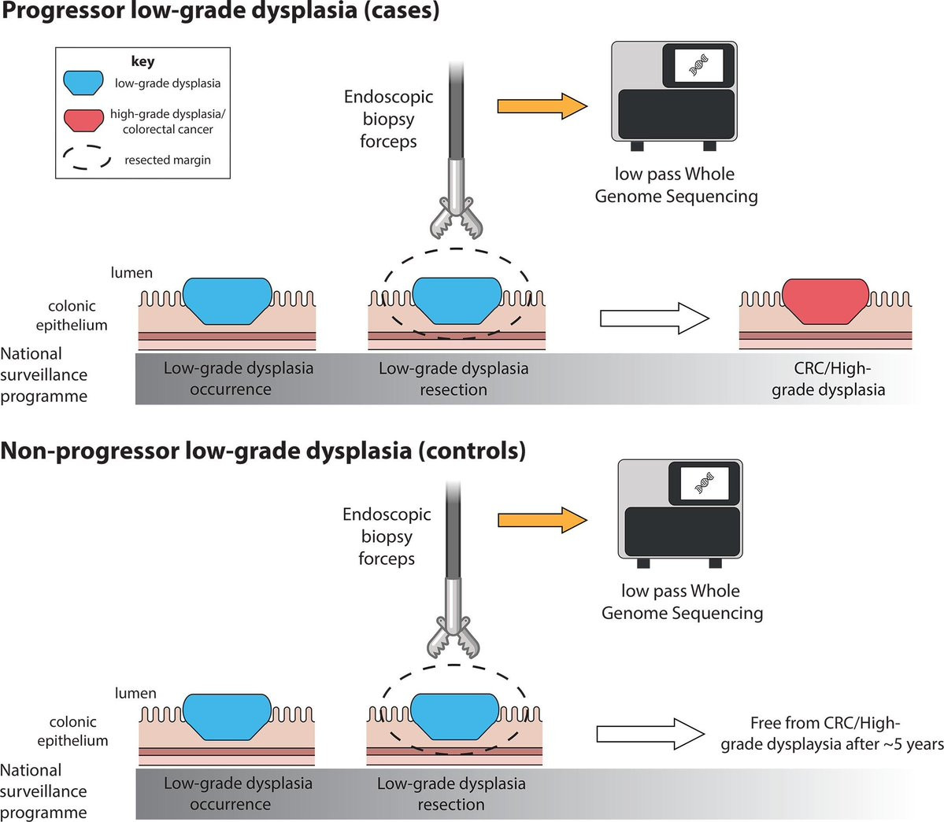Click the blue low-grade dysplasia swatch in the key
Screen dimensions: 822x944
[83, 83]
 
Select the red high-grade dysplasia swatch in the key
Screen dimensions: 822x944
[83, 120]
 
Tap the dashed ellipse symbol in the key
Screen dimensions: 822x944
[87, 158]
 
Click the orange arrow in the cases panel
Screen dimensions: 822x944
[542, 106]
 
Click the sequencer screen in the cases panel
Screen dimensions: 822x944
[698, 65]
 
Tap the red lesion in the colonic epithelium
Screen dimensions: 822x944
[825, 300]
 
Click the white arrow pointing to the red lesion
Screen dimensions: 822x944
[654, 319]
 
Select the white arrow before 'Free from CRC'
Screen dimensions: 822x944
[650, 734]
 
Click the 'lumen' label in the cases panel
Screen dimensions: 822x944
[131, 273]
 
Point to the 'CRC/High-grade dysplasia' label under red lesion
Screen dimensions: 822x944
[828, 378]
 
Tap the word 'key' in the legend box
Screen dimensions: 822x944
[143, 61]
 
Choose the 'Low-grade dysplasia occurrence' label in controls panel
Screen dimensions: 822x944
[238, 794]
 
